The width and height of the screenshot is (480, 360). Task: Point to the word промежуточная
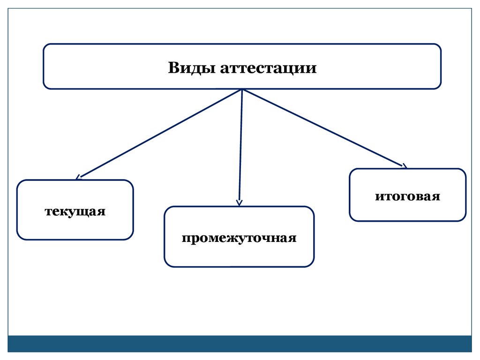pos(239,237)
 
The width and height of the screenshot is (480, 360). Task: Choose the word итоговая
pos(407,195)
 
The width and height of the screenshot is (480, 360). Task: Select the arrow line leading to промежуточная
pos(240,145)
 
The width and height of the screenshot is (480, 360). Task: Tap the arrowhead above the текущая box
pos(78,177)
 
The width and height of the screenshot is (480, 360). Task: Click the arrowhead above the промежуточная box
pos(239,203)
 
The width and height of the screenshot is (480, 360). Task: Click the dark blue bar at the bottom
pos(240,344)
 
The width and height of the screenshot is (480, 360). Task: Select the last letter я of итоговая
pos(436,196)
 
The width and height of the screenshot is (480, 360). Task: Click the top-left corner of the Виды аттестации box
pos(45,46)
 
